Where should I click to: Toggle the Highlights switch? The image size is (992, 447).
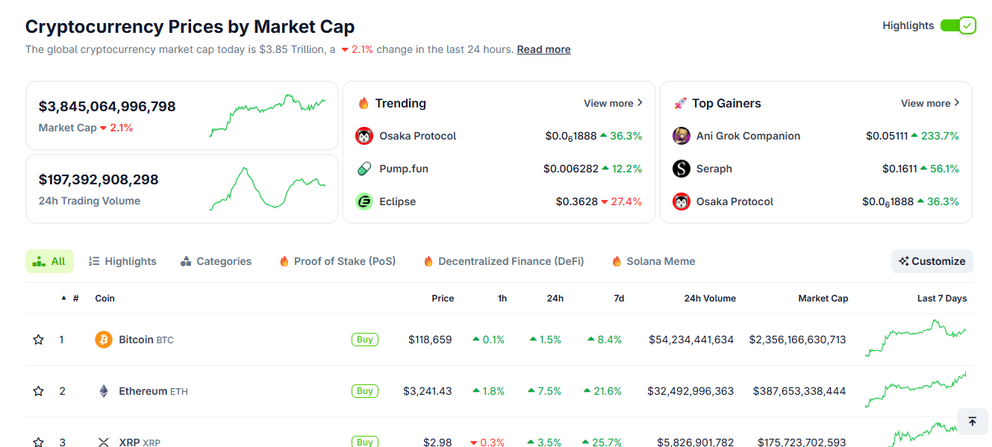[958, 25]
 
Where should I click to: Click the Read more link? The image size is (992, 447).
[543, 49]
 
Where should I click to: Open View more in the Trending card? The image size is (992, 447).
[613, 103]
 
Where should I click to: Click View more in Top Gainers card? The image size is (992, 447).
[930, 103]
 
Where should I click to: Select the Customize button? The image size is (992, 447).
[932, 261]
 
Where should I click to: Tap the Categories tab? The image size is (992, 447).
[216, 261]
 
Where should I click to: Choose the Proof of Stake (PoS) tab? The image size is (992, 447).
[337, 261]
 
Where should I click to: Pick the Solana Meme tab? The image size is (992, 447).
[653, 261]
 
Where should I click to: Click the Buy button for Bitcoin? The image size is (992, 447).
[365, 340]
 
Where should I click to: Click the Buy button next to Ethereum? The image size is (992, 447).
[365, 391]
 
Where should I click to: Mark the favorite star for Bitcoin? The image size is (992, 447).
[39, 340]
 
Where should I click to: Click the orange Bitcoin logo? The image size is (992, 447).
[104, 340]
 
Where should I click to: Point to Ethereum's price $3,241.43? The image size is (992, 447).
[428, 391]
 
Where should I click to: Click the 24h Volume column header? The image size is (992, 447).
[710, 298]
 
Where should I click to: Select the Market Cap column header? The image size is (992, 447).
[823, 298]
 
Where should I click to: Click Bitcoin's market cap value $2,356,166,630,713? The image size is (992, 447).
[798, 340]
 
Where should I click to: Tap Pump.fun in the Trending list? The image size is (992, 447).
[404, 169]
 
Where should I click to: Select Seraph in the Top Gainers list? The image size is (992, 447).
[714, 169]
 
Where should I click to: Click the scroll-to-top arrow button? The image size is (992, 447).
[972, 422]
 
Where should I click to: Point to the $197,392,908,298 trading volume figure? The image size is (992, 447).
[99, 180]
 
